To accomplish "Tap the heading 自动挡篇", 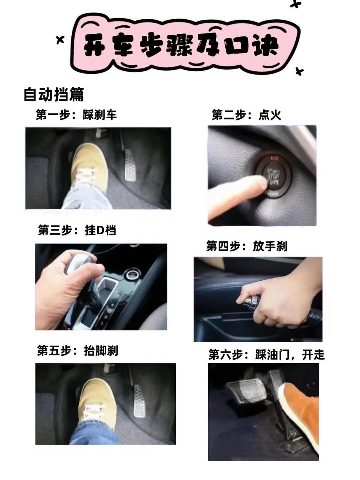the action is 54,94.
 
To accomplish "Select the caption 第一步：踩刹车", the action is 76,115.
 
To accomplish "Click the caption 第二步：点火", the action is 246,115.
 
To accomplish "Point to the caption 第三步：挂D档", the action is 77,230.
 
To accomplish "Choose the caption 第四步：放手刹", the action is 247,246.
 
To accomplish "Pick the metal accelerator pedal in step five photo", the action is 140,401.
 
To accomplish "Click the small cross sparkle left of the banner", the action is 60,40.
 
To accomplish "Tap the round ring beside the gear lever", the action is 131,275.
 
